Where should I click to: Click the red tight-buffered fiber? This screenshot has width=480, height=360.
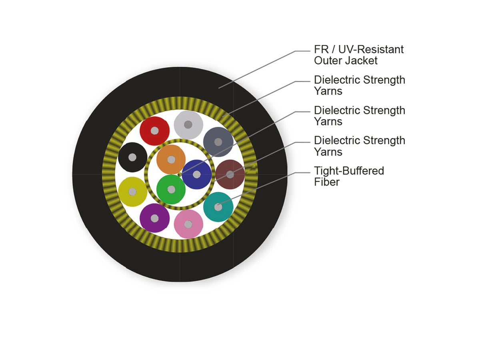(x=155, y=131)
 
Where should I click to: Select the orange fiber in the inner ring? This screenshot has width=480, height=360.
(x=171, y=160)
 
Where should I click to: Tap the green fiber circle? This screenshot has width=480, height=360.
(x=171, y=190)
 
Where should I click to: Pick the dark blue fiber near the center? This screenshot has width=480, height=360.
(x=197, y=174)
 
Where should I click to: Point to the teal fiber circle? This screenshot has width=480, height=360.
(x=218, y=207)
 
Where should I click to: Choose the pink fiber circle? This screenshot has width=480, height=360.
(x=188, y=224)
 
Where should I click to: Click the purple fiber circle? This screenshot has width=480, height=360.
(x=155, y=218)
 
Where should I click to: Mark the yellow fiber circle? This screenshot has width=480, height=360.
(x=132, y=192)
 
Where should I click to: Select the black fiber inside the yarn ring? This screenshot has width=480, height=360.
(x=132, y=157)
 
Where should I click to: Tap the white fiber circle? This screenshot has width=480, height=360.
(x=188, y=125)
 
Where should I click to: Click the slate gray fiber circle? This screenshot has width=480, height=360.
(x=218, y=142)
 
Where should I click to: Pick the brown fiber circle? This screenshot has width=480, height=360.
(x=230, y=174)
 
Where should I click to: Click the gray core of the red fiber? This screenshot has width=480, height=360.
(x=155, y=131)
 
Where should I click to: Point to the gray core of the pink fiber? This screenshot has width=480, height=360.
(x=188, y=224)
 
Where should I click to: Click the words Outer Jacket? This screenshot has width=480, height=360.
(x=346, y=60)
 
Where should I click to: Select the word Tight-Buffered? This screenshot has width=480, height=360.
(x=349, y=171)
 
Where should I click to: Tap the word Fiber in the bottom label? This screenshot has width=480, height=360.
(x=327, y=182)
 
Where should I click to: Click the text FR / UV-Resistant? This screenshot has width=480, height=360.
(x=359, y=49)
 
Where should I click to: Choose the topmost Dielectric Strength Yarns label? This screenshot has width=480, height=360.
(x=360, y=86)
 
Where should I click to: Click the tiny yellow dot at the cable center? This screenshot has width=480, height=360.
(x=179, y=174)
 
